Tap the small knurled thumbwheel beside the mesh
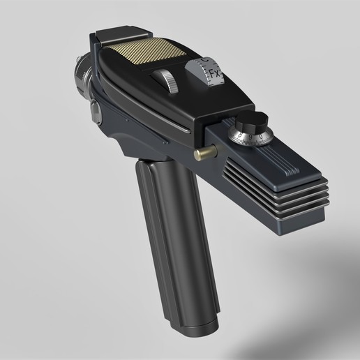point(165,80)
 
